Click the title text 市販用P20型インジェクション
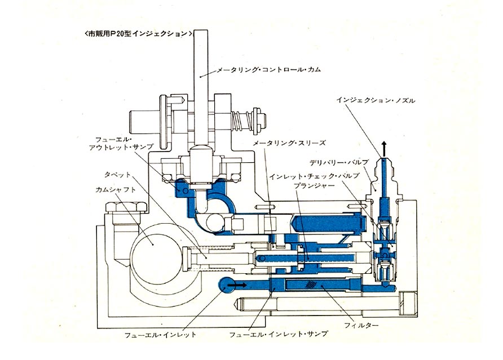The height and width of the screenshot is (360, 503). point(139,34)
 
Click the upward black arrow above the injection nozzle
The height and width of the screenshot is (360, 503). point(384,149)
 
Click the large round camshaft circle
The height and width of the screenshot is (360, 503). point(153,245)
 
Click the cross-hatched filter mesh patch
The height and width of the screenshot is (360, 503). point(310,285)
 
